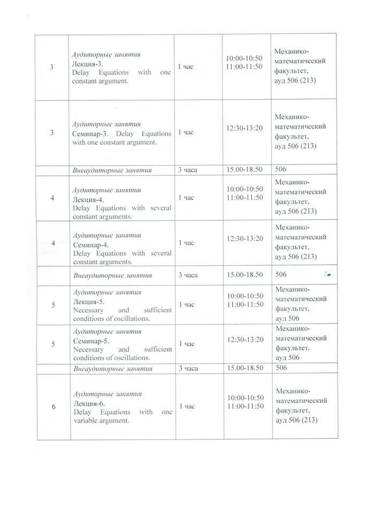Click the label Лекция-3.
click(88, 63)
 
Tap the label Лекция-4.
click(88, 199)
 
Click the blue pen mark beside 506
click(327, 274)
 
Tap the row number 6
click(54, 407)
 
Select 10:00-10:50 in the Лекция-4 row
click(244, 189)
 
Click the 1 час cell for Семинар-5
click(186, 343)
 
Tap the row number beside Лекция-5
click(53, 305)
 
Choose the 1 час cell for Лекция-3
click(185, 68)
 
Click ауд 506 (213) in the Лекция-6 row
click(296, 420)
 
